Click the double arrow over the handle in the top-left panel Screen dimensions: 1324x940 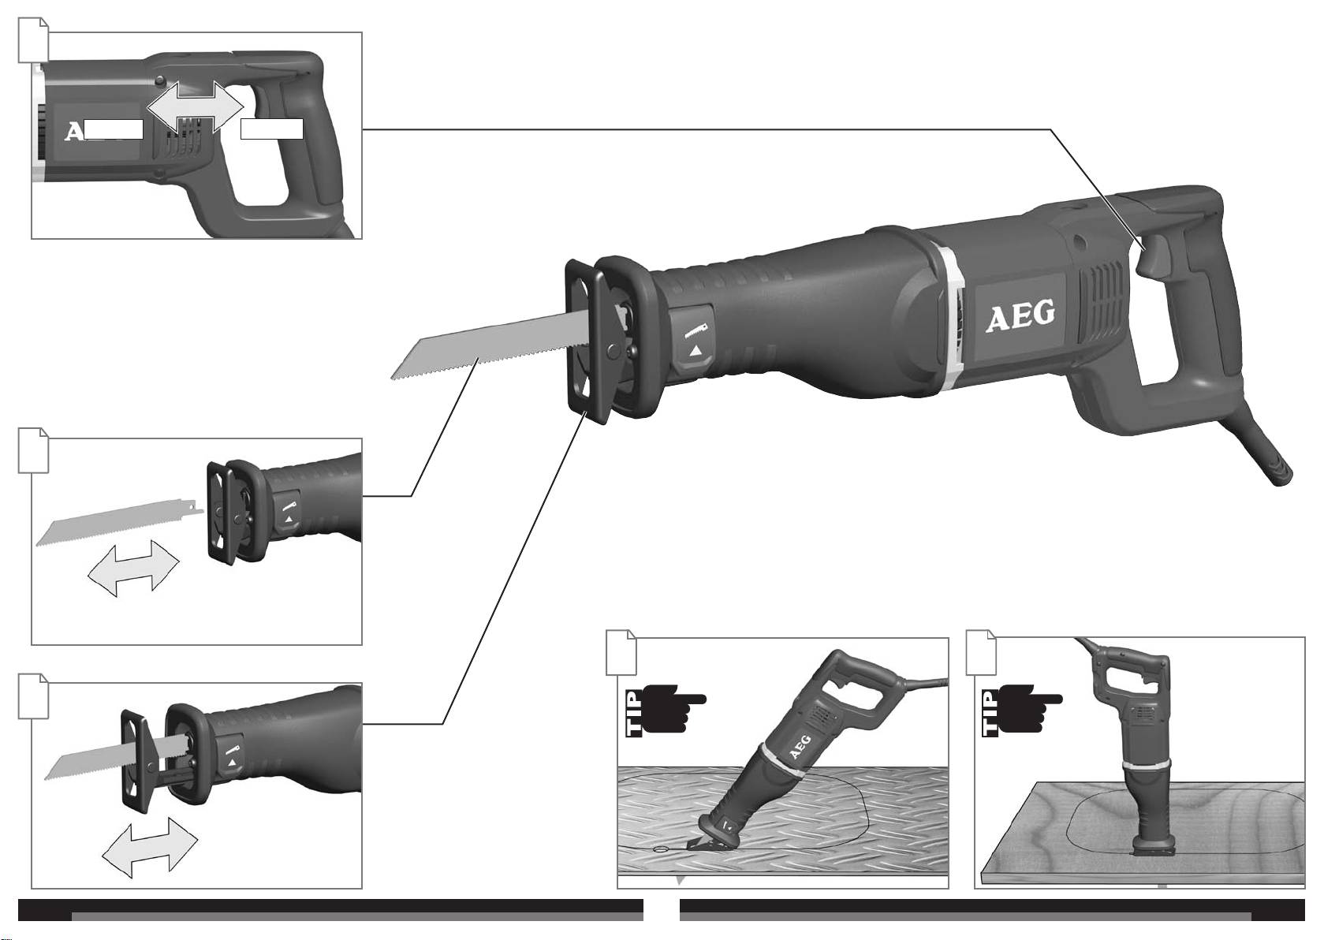point(195,107)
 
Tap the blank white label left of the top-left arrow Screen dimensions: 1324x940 point(114,129)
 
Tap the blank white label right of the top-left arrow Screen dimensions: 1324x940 point(272,129)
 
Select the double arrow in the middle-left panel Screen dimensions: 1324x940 point(133,568)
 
